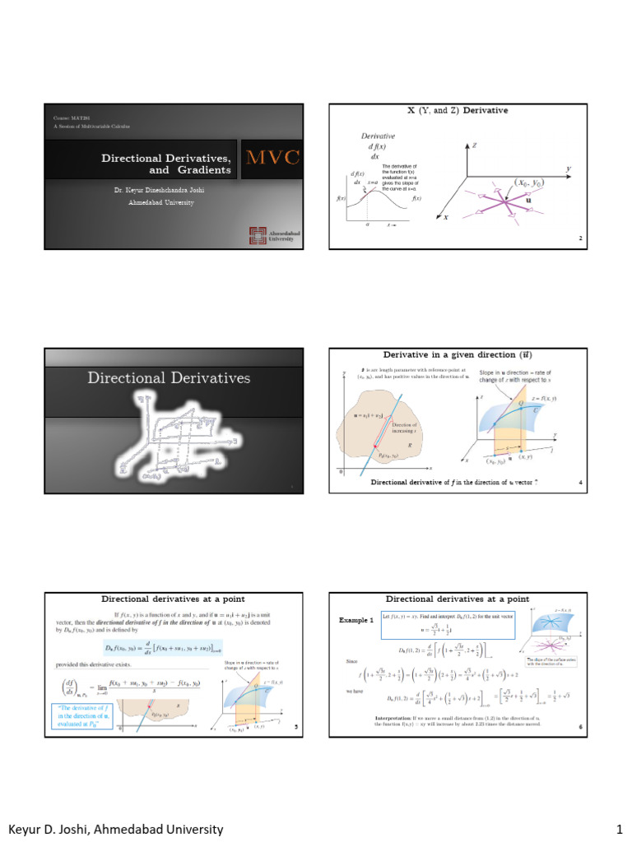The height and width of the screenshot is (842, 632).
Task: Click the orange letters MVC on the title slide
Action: point(274,158)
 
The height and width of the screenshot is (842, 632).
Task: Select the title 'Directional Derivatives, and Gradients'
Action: point(165,164)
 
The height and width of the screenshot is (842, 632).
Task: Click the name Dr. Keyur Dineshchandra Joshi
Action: point(160,190)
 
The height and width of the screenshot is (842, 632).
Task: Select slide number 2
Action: point(580,239)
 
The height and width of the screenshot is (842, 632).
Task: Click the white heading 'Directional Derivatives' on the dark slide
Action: point(169,377)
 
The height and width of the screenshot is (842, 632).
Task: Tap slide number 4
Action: point(580,482)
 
